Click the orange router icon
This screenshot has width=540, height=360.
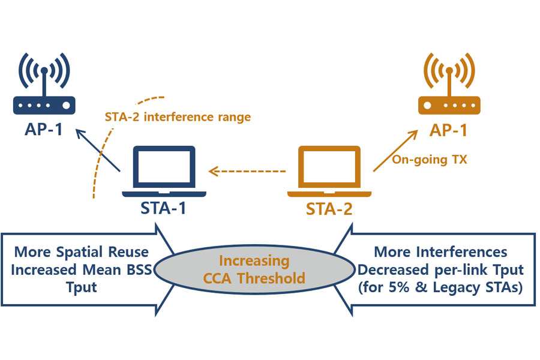pos(449,90)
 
